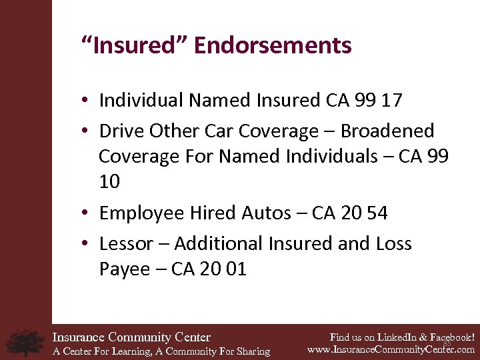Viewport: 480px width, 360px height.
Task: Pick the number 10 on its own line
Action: [x=110, y=182]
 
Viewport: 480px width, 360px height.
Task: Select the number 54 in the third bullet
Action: [x=376, y=213]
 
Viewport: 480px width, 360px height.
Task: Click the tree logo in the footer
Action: [x=25, y=342]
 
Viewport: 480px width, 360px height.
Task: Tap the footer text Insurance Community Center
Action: [x=131, y=337]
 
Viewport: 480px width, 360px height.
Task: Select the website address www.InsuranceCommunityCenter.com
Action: [x=391, y=349]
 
